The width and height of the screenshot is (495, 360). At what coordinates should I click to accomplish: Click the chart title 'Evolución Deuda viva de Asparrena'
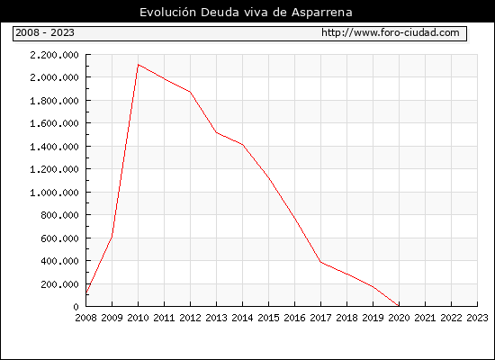click(246, 13)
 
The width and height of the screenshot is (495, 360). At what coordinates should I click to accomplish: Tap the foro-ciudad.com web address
click(391, 32)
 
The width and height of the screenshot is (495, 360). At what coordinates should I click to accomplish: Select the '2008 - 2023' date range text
click(45, 32)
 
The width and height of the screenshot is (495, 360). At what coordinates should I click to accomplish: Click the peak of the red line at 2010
click(139, 65)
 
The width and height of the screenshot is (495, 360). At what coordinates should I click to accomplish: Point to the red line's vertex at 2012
click(191, 92)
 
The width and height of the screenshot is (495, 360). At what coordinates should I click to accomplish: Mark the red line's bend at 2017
click(320, 262)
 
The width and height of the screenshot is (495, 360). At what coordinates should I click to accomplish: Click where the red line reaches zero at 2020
click(399, 306)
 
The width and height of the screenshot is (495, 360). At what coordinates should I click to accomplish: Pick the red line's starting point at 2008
click(86, 292)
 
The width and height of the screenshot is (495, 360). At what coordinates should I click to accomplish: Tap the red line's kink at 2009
click(112, 236)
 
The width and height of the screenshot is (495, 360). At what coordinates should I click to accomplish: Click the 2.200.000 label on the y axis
click(54, 55)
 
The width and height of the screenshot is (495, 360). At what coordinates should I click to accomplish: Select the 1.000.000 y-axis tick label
click(54, 193)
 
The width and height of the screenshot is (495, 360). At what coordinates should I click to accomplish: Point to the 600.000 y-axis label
click(59, 238)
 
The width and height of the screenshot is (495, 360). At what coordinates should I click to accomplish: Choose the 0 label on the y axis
click(76, 307)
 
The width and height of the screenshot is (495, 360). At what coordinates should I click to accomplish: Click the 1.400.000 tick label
click(54, 147)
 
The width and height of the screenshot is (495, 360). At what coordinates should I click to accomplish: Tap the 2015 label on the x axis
click(269, 318)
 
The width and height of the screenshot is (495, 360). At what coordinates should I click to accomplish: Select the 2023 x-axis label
click(477, 318)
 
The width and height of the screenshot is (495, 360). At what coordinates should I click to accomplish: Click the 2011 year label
click(164, 318)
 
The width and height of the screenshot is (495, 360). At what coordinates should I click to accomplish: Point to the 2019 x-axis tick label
click(373, 318)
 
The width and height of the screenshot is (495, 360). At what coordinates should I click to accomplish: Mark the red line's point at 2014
click(242, 145)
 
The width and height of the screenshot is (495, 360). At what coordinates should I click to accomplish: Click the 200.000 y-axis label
click(59, 284)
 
